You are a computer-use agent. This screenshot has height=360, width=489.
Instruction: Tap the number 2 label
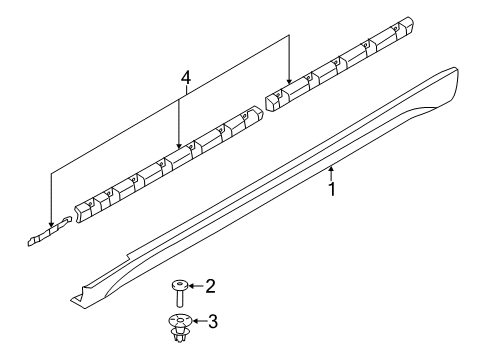point(210,287)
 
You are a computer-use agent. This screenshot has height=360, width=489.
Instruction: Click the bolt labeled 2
point(177,294)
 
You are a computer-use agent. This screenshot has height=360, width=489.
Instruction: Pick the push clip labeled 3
point(177,327)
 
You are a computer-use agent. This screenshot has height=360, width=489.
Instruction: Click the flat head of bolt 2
point(177,286)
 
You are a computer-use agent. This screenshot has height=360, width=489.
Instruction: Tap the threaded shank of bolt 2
point(177,299)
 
